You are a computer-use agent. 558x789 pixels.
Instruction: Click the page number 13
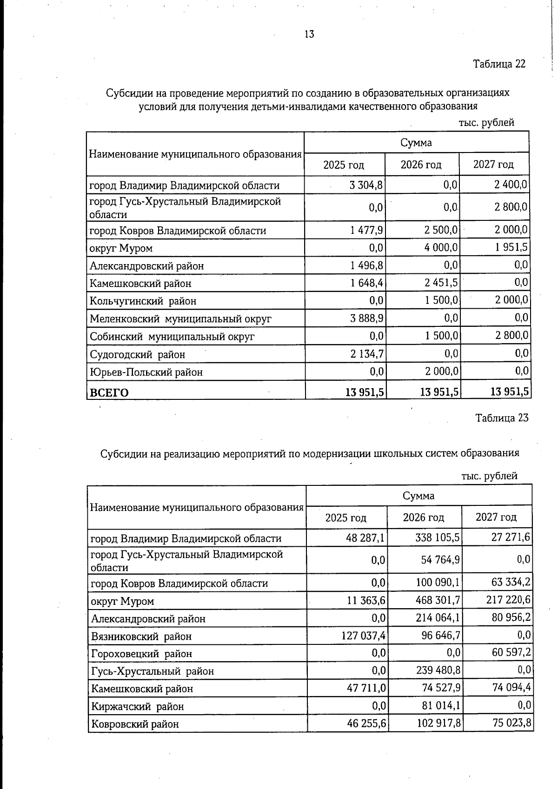(x=309, y=34)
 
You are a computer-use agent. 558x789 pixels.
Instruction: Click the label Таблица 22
(x=499, y=64)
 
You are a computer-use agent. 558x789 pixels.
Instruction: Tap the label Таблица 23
(x=502, y=418)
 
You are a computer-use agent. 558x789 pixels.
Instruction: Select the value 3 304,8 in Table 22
(x=366, y=185)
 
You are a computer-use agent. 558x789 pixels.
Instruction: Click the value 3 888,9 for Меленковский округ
(x=366, y=318)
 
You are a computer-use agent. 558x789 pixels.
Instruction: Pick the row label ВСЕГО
(x=109, y=392)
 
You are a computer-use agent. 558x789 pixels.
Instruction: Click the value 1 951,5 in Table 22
(x=511, y=247)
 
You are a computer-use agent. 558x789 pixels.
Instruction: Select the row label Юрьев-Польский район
(x=146, y=372)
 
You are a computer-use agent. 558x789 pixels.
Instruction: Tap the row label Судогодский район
(x=137, y=355)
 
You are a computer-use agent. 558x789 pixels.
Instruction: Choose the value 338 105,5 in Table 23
(x=438, y=538)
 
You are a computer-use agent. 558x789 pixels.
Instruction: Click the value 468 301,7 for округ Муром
(x=438, y=601)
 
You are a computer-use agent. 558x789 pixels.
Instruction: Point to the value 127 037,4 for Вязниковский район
(x=364, y=636)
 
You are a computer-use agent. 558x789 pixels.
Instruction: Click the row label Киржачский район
(x=137, y=706)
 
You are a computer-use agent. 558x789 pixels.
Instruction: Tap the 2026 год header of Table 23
(x=423, y=517)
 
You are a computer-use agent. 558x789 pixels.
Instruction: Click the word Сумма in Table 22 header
(x=416, y=143)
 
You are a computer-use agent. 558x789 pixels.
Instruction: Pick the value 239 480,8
(x=438, y=671)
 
